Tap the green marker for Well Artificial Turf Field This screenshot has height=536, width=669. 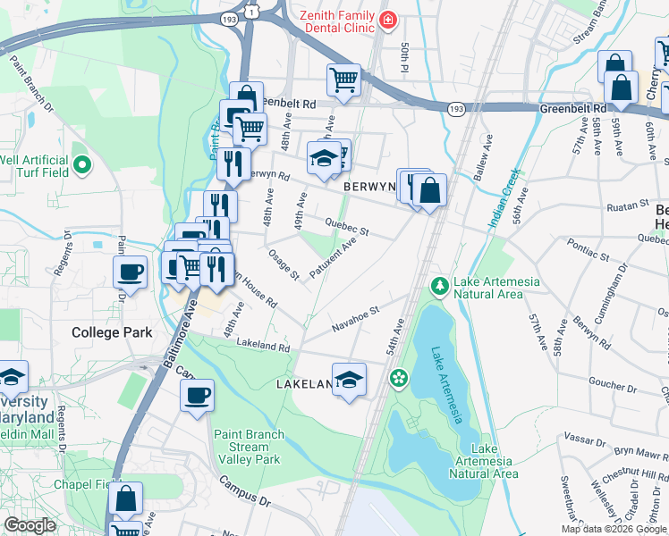click(x=83, y=165)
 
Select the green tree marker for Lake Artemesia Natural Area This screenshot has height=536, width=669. click(x=439, y=286)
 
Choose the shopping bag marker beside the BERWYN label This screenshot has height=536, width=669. click(x=429, y=191)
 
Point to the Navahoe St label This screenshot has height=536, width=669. click(x=357, y=318)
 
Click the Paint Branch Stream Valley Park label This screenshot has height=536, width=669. click(x=250, y=447)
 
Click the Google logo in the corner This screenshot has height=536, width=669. click(x=30, y=525)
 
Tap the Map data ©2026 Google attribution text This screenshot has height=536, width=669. click(x=614, y=529)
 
